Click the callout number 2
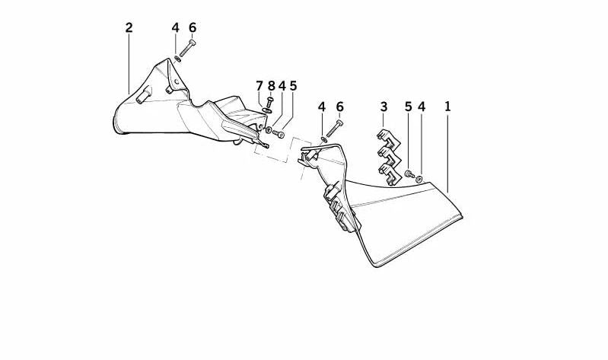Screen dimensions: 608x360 click(x=129, y=28)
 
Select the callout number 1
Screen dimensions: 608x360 click(x=448, y=107)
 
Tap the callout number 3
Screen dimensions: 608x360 click(x=384, y=107)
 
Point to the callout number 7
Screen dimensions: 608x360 click(x=259, y=86)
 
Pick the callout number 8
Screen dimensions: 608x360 click(x=271, y=86)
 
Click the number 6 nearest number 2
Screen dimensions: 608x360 click(x=193, y=28)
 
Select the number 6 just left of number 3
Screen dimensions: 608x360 click(x=339, y=107)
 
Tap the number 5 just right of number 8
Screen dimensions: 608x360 click(x=293, y=86)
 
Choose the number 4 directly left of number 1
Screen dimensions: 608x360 click(x=422, y=107)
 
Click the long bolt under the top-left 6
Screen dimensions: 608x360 click(x=187, y=48)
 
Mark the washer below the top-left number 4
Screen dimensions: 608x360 click(x=177, y=59)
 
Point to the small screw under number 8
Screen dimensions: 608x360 click(x=270, y=104)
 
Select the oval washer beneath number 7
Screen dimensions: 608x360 click(x=267, y=111)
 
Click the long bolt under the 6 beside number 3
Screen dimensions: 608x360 click(x=334, y=129)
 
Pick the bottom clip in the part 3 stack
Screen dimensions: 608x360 click(x=389, y=174)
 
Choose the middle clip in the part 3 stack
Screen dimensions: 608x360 click(x=388, y=155)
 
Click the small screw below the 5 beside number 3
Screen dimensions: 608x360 click(x=409, y=174)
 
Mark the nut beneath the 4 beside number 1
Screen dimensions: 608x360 click(x=419, y=179)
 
